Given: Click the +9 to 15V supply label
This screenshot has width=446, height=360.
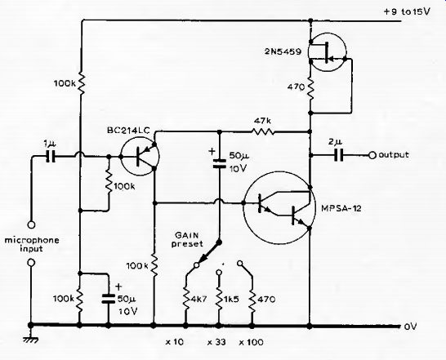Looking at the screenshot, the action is point(407,11).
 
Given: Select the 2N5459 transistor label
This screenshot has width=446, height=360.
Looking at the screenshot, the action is point(283,51).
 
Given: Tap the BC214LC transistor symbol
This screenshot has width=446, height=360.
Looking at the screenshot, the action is point(140,157).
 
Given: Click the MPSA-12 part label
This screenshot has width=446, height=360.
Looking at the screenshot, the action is point(341,208).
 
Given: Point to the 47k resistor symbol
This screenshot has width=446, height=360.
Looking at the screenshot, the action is point(263,131).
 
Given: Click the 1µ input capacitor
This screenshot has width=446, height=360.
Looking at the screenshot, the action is point(51,156).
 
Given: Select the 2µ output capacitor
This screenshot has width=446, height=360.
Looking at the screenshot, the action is point(338,155).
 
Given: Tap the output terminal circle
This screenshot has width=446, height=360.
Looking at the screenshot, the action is point(372,156).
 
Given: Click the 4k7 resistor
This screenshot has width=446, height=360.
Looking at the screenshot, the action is point(185,299).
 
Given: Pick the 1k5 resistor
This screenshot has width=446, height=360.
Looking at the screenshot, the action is point(219,299).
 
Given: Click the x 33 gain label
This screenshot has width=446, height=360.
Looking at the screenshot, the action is point(216,342).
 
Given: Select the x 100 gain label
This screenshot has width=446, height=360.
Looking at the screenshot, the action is point(251,342).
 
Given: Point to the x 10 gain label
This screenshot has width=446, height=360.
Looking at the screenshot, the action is point(175,342).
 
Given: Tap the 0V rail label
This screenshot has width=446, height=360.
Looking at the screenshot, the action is point(410,327).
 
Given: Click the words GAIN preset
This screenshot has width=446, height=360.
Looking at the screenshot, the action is point(187,239).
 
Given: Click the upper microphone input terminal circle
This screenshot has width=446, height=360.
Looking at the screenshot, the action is point(31,225).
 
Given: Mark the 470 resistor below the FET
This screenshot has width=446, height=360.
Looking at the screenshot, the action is point(310,88).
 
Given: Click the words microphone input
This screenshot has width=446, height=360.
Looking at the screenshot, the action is point(32,245).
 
